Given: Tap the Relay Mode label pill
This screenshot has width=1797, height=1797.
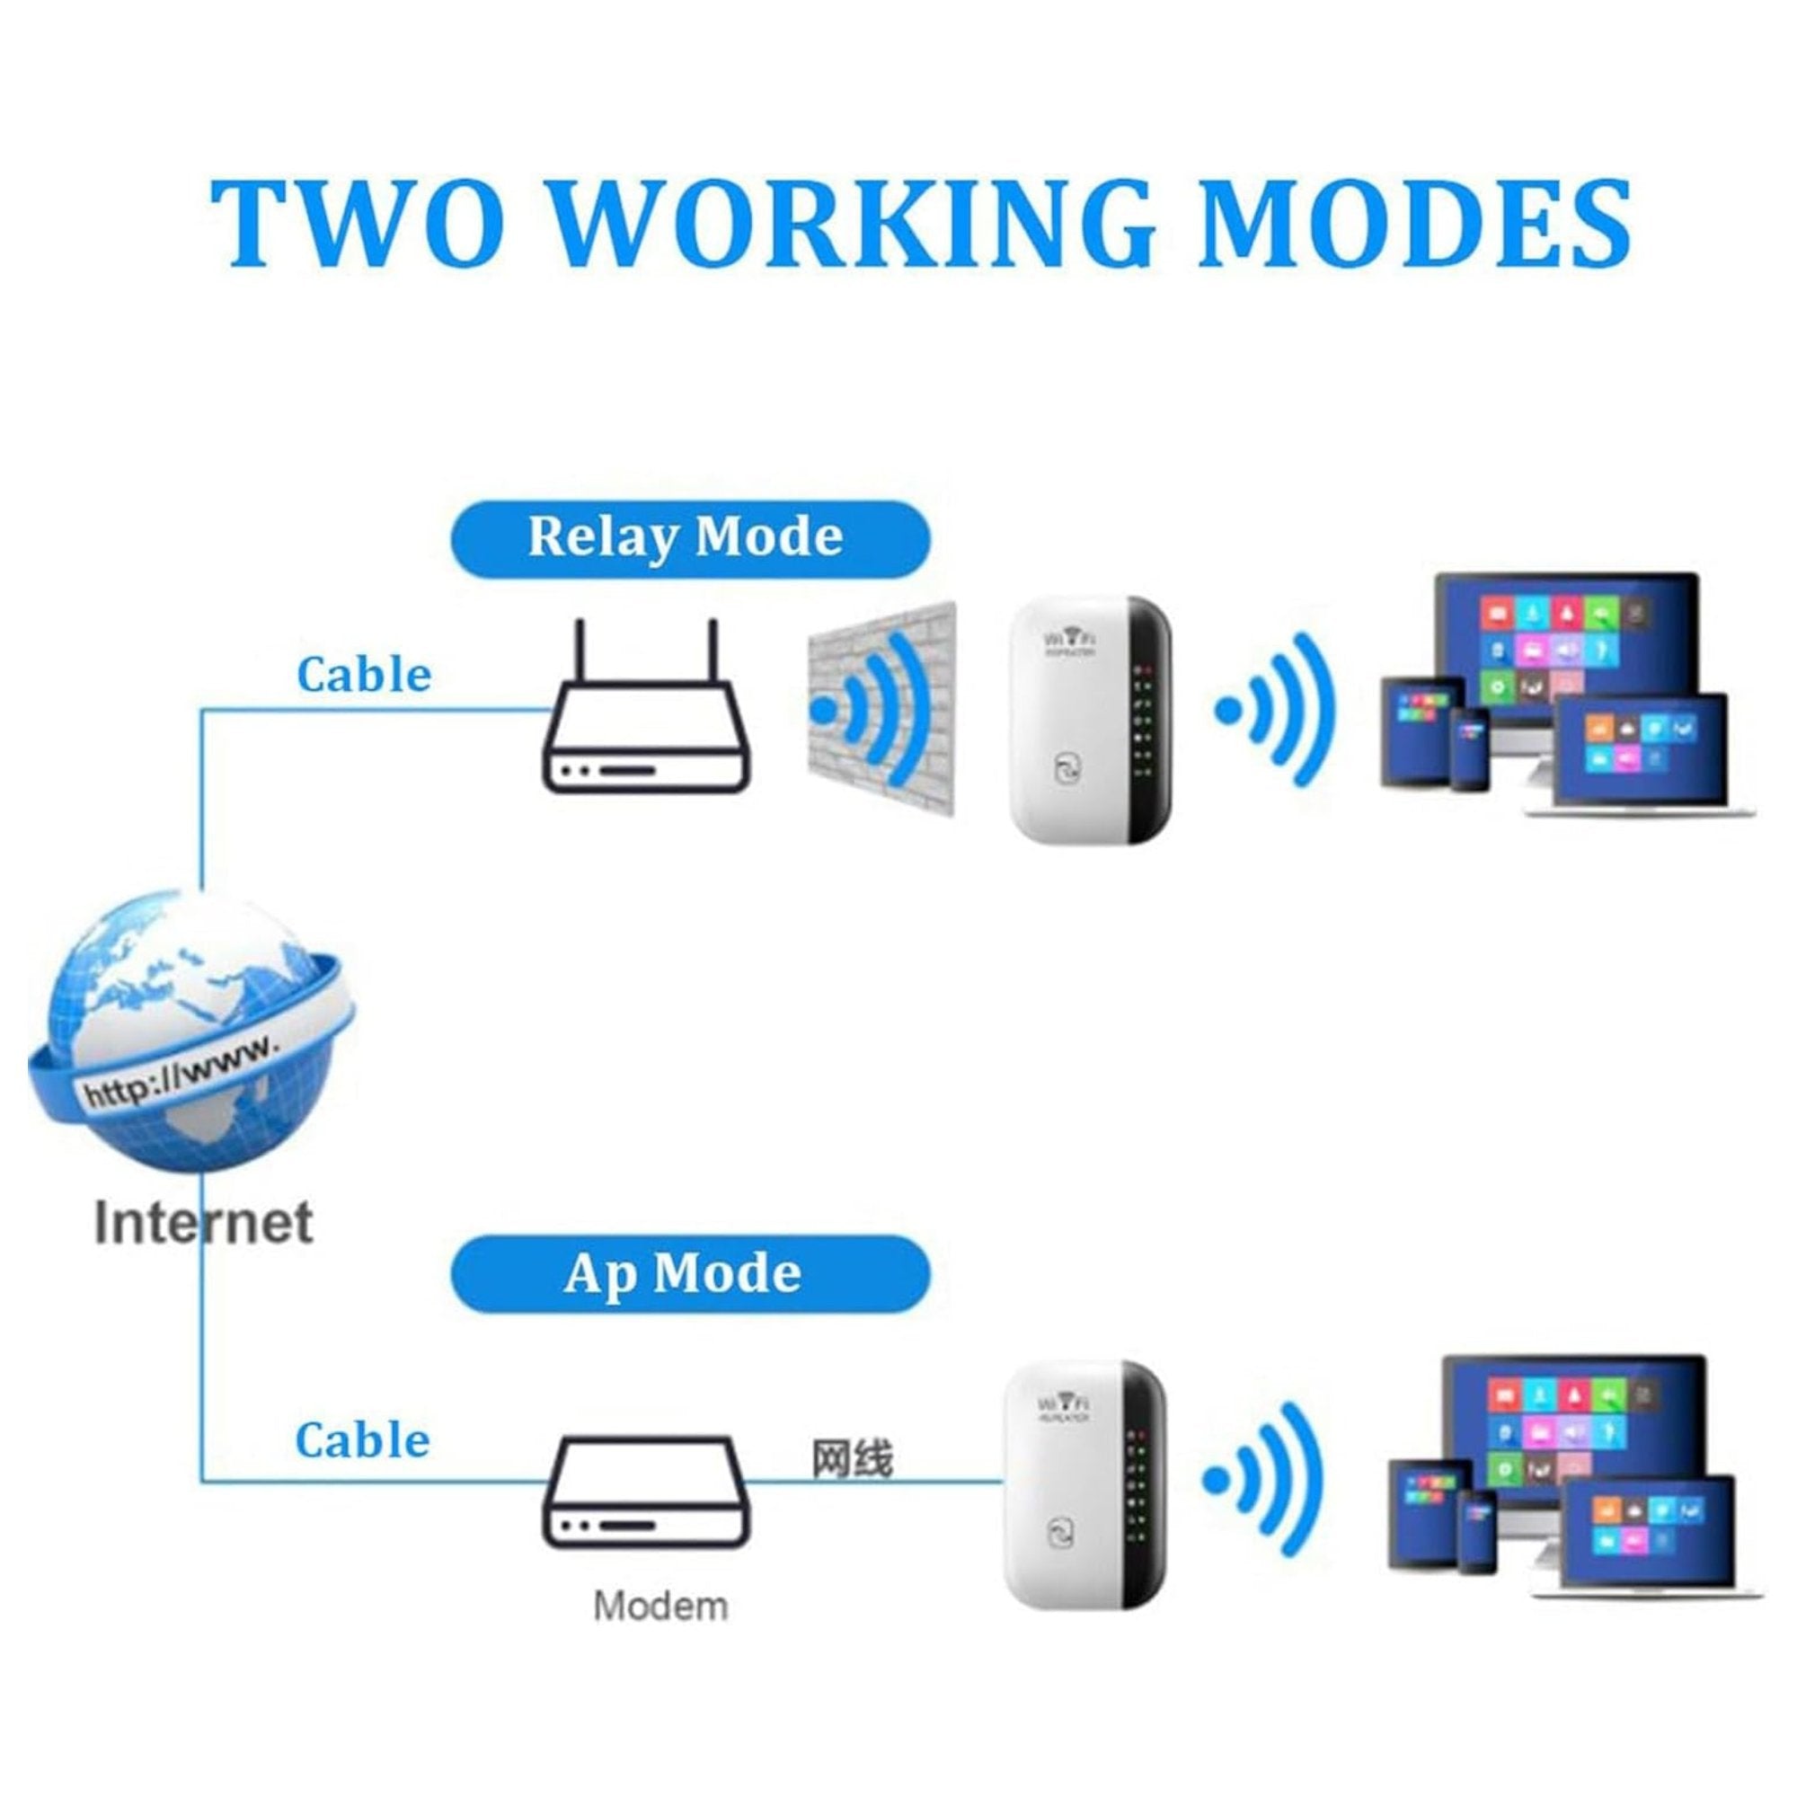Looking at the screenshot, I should click(x=689, y=538).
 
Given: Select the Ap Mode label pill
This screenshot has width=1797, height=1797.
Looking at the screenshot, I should click(x=689, y=1273).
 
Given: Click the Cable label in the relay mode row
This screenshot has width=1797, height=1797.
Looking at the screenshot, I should click(x=364, y=677).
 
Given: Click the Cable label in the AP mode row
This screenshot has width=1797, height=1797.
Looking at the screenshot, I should click(x=363, y=1441).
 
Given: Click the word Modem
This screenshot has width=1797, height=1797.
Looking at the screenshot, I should click(x=660, y=1607).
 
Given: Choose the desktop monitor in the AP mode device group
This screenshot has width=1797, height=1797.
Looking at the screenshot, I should click(x=1571, y=1432).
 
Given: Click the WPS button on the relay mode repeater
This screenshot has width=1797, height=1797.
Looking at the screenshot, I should click(x=1067, y=770).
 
